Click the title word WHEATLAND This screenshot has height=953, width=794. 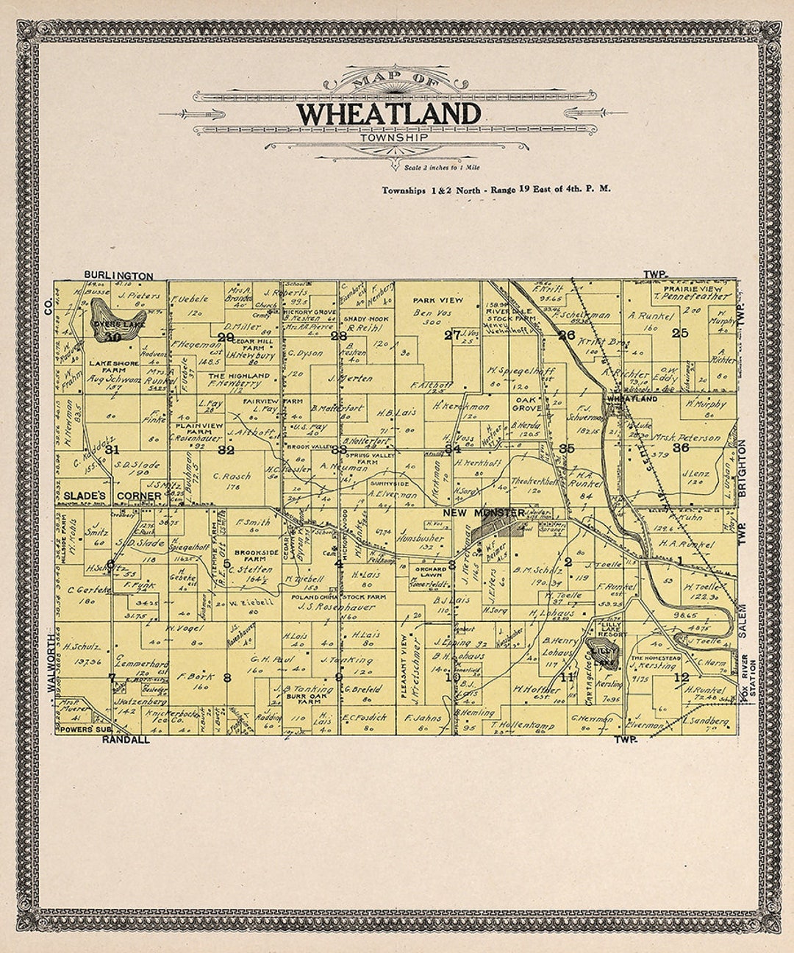[388, 114]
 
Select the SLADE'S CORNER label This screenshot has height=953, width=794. [112, 496]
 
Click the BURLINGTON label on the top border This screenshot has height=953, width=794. [118, 276]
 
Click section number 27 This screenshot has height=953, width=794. [451, 335]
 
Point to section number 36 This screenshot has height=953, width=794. [680, 447]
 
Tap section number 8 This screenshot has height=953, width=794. [227, 677]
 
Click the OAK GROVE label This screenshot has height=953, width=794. [526, 404]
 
